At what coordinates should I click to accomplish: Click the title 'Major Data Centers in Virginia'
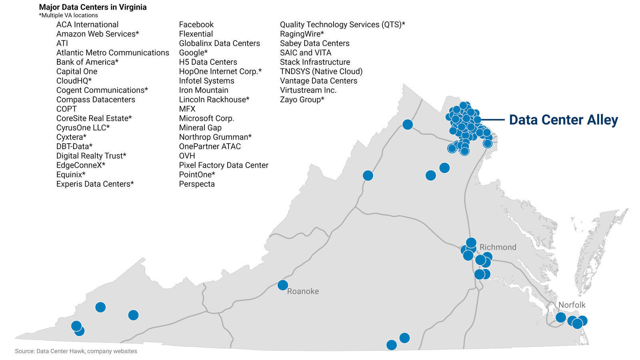point(93,7)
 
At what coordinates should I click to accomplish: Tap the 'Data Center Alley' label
point(563,120)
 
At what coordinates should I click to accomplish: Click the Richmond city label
point(498,247)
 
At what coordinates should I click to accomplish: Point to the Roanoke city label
point(303,291)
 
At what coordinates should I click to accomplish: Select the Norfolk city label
point(572,305)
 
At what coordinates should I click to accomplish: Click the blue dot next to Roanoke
point(283,285)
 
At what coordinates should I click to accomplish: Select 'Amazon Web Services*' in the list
point(98,34)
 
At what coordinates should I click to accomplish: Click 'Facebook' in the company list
point(196,25)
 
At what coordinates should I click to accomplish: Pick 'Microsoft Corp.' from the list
point(206,118)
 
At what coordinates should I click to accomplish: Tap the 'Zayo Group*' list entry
point(302,100)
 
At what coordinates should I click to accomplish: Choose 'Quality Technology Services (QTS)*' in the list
point(342,25)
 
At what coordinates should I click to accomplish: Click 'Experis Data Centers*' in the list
point(95,184)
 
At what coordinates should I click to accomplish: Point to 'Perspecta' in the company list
point(197,184)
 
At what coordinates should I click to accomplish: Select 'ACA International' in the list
point(87,25)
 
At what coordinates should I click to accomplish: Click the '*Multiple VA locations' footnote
point(68,15)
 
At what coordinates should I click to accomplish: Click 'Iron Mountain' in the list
point(204,90)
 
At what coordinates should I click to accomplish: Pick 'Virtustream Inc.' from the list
point(308,90)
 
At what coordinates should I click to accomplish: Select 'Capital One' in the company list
point(77,72)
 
